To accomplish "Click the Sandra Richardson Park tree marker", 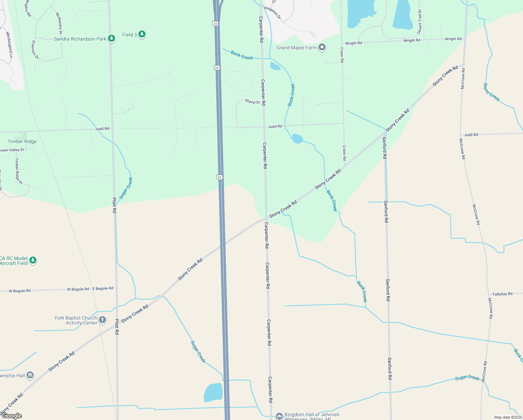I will pos(112,38).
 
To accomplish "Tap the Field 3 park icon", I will pos(142,34).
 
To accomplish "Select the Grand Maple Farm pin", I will pos(322,47).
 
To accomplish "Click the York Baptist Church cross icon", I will pos(102,320).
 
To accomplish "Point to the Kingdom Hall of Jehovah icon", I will pos(279,416).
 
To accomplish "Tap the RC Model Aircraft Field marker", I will pos(33,260).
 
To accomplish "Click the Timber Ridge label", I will pos(22,141).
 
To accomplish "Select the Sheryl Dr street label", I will pos(252,102).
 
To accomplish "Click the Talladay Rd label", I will pos(502,294).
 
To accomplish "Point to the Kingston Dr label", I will pos(273,12).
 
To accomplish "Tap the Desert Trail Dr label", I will pos(420,22).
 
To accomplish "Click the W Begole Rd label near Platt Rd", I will pos(78,289).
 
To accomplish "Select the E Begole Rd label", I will pos(103,288).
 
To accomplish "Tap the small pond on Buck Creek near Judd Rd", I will pos(297,139).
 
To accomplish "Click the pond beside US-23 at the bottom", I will pos(213,392).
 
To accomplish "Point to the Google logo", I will pos(12,416).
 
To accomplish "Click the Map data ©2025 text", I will pos(508,417).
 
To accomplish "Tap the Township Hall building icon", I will pos(30,375).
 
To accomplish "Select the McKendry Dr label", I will pos(59,23).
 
